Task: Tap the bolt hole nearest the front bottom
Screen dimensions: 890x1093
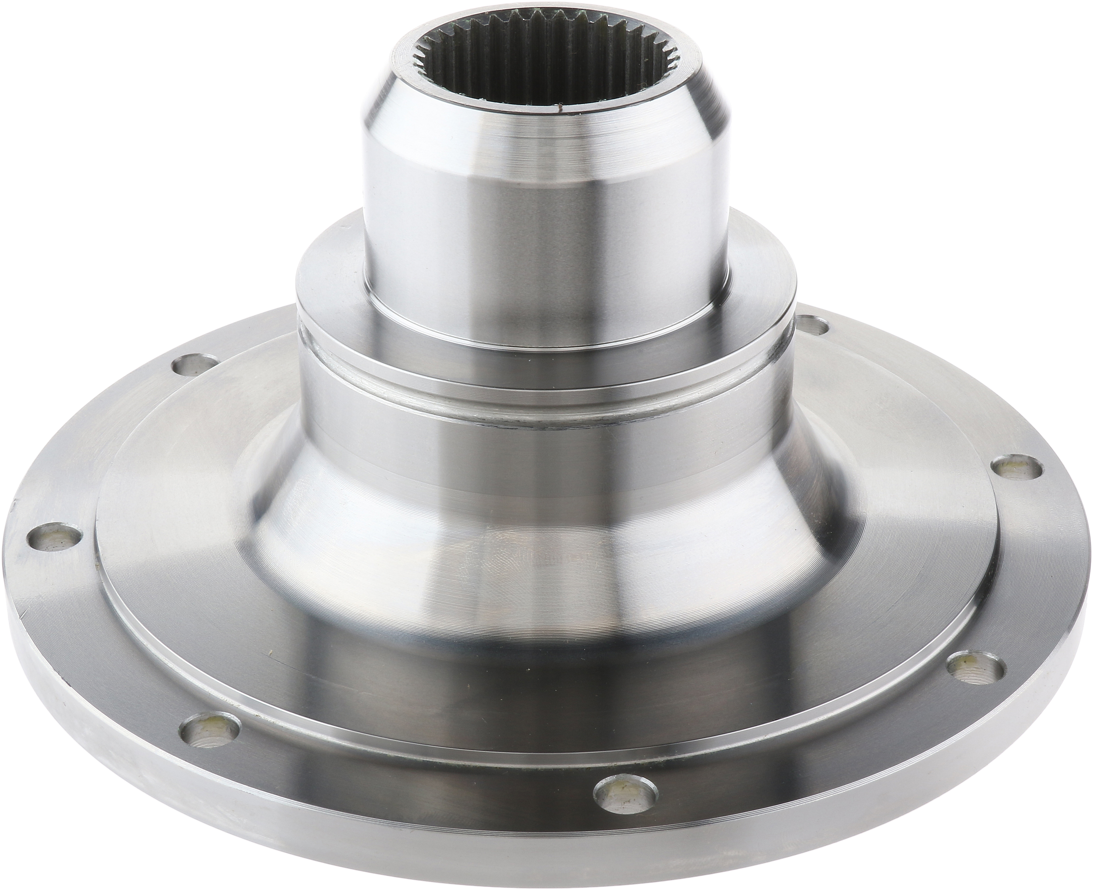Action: click(625, 784)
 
